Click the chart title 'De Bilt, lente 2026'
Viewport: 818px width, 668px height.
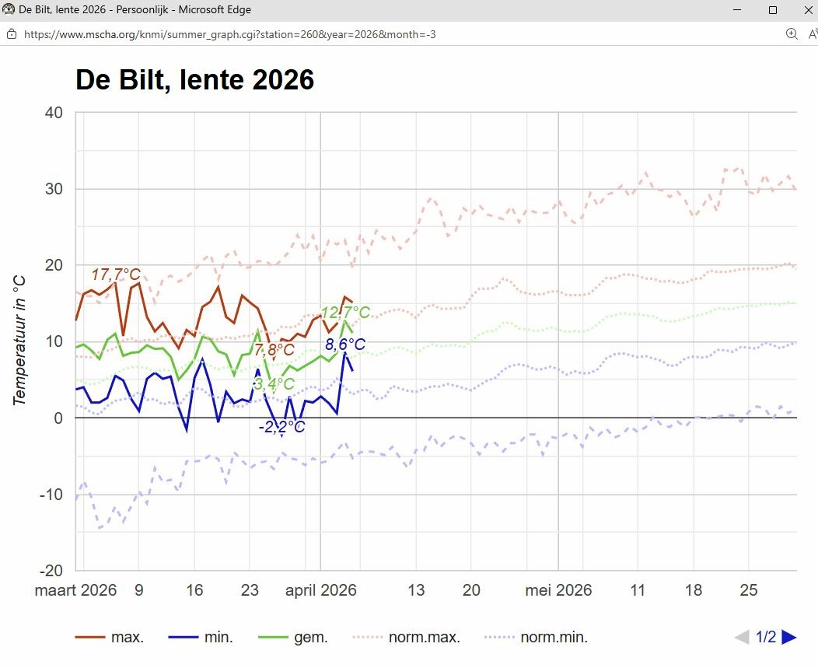(194, 80)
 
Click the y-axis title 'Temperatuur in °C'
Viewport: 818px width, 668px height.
(20, 339)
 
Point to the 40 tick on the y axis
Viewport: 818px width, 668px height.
(54, 112)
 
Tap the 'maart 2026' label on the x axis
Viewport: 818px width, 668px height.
(75, 590)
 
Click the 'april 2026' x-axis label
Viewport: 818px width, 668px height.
(320, 590)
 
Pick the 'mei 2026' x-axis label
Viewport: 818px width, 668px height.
(558, 590)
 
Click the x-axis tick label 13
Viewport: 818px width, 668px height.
(416, 590)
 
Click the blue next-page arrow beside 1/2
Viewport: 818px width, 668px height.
(789, 638)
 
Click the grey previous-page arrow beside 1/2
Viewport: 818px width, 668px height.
(742, 638)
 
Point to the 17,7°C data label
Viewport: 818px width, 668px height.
(116, 275)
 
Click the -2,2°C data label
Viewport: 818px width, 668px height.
(281, 427)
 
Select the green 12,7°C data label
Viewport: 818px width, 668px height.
(345, 313)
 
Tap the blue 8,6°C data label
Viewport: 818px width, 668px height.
(345, 344)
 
